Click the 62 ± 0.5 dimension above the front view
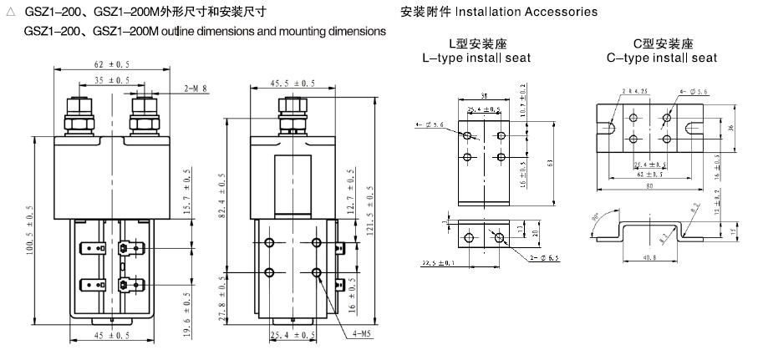point(113,63)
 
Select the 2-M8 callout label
point(196,87)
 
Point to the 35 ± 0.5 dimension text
point(113,80)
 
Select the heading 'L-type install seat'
point(476,58)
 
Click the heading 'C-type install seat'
point(662,58)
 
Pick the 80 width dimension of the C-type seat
point(661,186)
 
